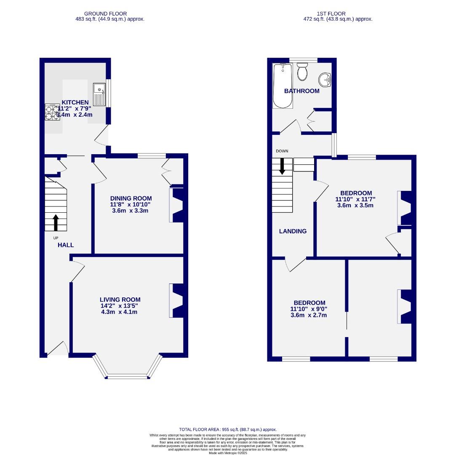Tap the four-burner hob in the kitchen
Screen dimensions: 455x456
pyautogui.click(x=52, y=112)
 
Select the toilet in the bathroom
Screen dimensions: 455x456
pyautogui.click(x=302, y=72)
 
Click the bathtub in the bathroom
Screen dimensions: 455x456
pyautogui.click(x=280, y=86)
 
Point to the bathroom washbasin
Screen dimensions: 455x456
pyautogui.click(x=325, y=79)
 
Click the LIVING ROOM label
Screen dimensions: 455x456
pyautogui.click(x=120, y=300)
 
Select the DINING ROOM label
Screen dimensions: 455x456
pyautogui.click(x=131, y=198)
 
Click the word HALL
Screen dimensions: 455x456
pyautogui.click(x=66, y=245)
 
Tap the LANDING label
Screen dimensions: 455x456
pyautogui.click(x=293, y=231)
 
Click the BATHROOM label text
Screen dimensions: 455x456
pyautogui.click(x=301, y=91)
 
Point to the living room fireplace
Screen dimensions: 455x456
pyautogui.click(x=176, y=300)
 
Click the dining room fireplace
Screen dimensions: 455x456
pyautogui.click(x=176, y=205)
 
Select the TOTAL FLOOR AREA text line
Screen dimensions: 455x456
pyautogui.click(x=228, y=429)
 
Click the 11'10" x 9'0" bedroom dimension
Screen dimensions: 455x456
pyautogui.click(x=309, y=309)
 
